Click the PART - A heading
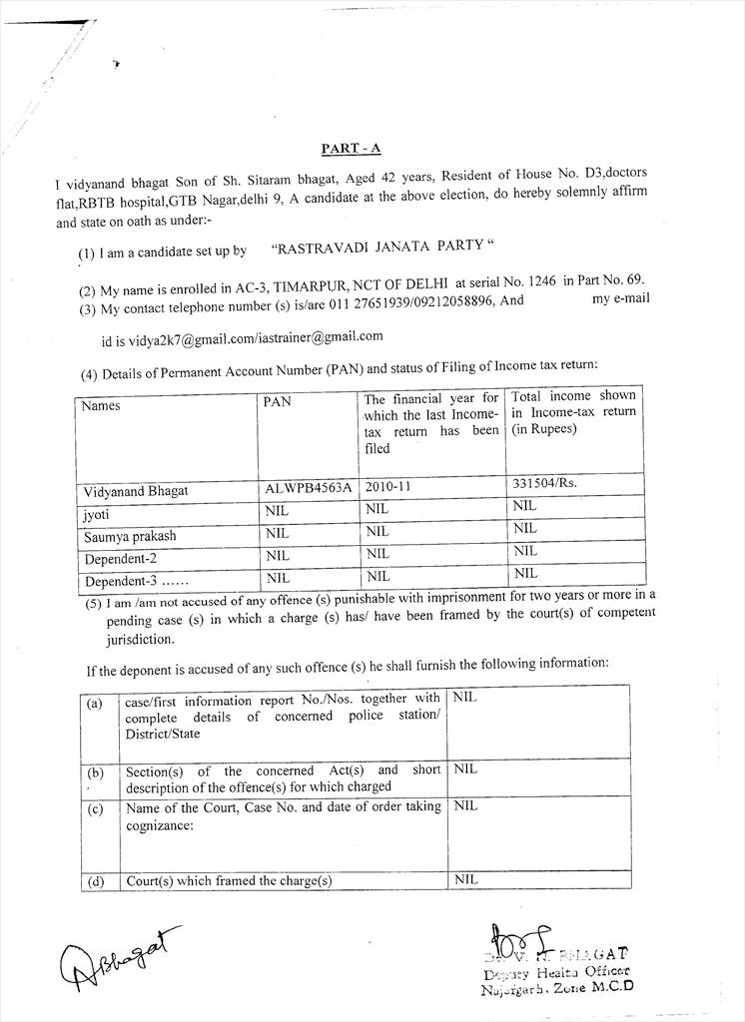[x=351, y=149]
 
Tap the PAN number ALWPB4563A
[x=308, y=489]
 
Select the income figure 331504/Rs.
[x=544, y=483]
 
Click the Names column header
[x=101, y=406]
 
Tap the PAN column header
[x=277, y=402]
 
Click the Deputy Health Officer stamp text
[x=556, y=972]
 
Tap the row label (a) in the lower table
[x=95, y=703]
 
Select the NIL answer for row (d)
[x=465, y=879]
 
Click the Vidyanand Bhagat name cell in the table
[x=135, y=491]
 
